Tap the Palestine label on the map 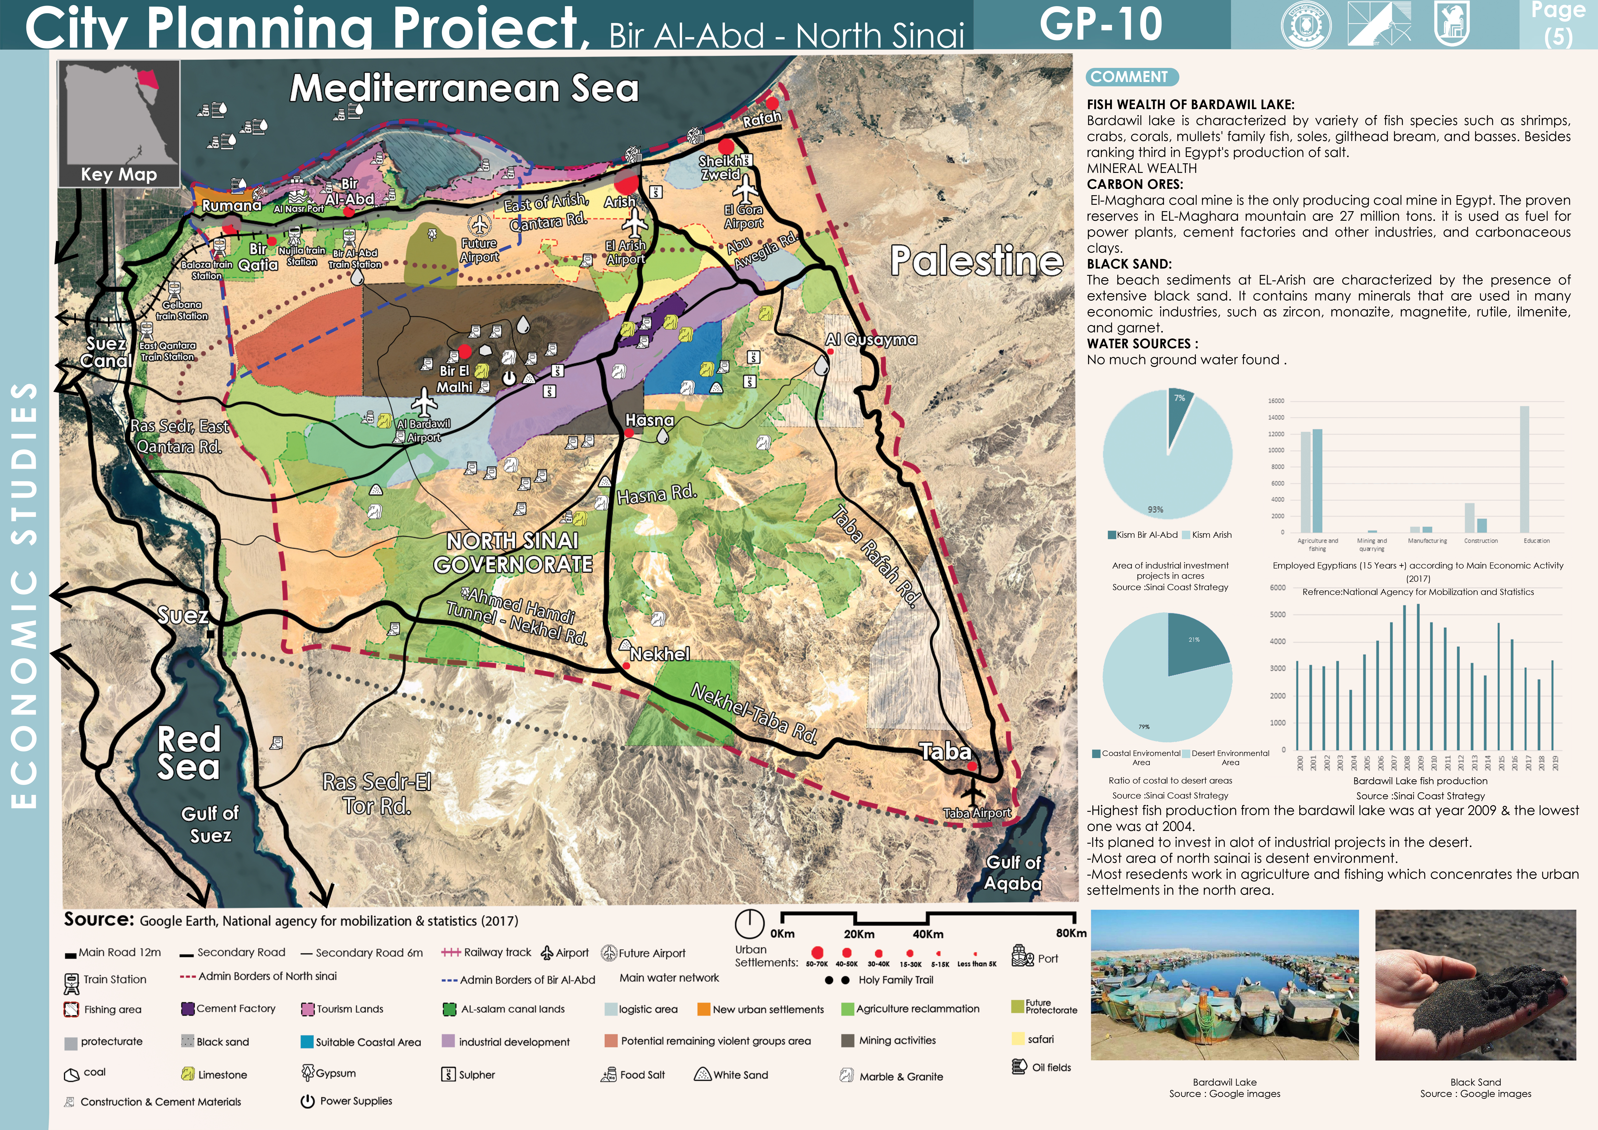click(x=976, y=260)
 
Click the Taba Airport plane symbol click(x=972, y=792)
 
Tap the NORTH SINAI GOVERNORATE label click(x=513, y=552)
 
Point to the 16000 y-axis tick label click(x=1276, y=401)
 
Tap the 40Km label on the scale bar click(x=928, y=934)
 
